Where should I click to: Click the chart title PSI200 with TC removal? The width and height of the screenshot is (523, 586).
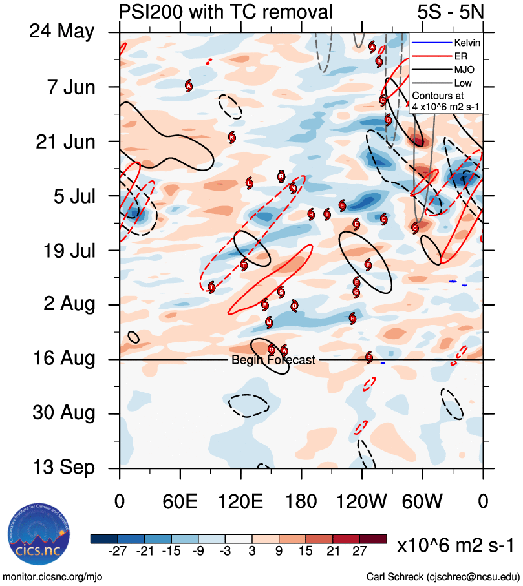pyautogui.click(x=226, y=11)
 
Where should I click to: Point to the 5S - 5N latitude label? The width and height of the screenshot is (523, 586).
pyautogui.click(x=450, y=11)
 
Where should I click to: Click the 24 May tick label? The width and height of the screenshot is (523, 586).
pyautogui.click(x=61, y=32)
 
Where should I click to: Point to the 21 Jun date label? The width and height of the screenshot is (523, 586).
pyautogui.click(x=63, y=141)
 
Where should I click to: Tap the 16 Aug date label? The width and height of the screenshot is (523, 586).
pyautogui.click(x=61, y=359)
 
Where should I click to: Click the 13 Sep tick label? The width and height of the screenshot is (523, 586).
pyautogui.click(x=61, y=467)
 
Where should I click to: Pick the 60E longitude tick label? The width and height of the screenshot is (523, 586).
pyautogui.click(x=180, y=501)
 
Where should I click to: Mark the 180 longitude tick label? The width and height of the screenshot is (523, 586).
pyautogui.click(x=301, y=501)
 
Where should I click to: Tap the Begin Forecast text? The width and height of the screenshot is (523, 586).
pyautogui.click(x=273, y=360)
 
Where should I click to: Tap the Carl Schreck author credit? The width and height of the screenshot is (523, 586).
pyautogui.click(x=443, y=576)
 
